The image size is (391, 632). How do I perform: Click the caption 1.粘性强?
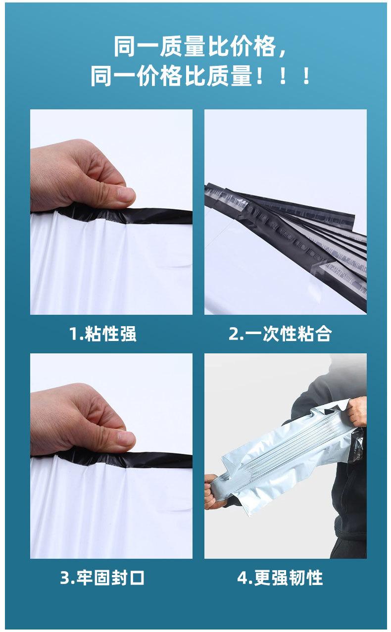pyautogui.click(x=102, y=334)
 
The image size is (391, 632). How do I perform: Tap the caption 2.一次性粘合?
pyautogui.click(x=280, y=334)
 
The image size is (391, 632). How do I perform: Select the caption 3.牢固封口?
pyautogui.click(x=102, y=578)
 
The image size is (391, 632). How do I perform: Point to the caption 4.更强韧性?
pyautogui.click(x=280, y=578)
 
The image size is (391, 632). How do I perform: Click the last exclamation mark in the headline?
pyautogui.click(x=306, y=77)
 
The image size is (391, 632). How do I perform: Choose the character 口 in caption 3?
pyautogui.click(x=137, y=578)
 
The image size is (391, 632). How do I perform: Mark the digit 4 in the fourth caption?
pyautogui.click(x=242, y=578)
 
